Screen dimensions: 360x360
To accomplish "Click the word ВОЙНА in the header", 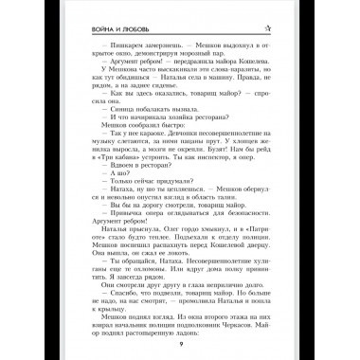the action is pyautogui.click(x=93, y=26).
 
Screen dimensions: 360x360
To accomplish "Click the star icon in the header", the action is pyautogui.click(x=271, y=25).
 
